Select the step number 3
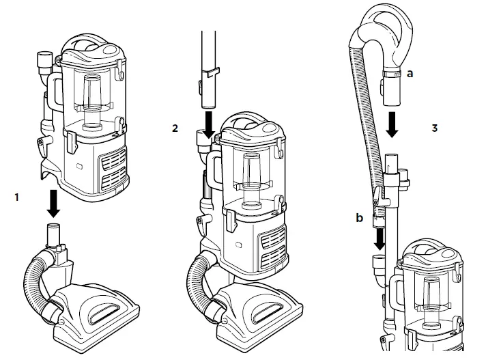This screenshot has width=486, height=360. tap(435, 128)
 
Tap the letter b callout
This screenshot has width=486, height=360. tap(359, 218)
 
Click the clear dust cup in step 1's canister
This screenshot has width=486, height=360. tap(91, 96)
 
